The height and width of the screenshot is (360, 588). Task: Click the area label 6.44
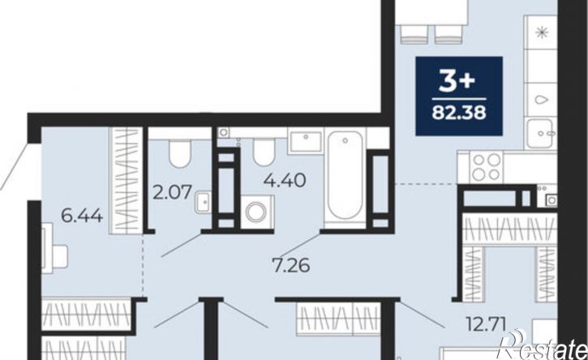[82, 216]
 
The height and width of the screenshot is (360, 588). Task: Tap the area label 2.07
[172, 191]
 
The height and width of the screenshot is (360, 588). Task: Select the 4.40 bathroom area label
[285, 181]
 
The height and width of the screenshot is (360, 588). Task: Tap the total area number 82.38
[459, 112]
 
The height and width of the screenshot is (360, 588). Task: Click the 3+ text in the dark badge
[457, 82]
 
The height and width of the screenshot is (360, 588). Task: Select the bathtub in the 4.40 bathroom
[345, 178]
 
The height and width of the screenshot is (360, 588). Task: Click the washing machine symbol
[256, 212]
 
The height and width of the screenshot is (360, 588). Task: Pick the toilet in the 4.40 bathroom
[264, 152]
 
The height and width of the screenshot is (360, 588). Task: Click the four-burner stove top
[487, 166]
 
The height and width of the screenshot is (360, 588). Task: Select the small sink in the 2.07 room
[204, 201]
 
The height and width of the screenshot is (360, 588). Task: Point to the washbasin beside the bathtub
[306, 142]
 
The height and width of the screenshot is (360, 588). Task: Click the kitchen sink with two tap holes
[539, 134]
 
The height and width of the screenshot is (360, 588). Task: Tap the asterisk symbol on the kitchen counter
[541, 32]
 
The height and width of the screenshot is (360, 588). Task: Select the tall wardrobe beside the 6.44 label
[125, 181]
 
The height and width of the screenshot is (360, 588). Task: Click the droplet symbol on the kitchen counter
[541, 100]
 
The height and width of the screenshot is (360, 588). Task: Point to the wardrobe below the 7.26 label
[339, 319]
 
